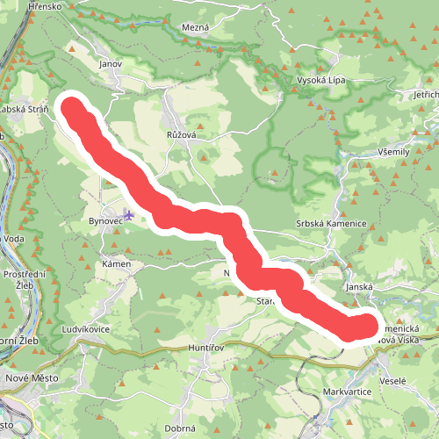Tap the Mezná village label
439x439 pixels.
195,28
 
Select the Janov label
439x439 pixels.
110,64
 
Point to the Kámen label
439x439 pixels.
116,263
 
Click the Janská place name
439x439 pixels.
360,286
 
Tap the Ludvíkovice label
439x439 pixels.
86,329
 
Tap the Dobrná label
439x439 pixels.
180,429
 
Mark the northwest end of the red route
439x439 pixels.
70,108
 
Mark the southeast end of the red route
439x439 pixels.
362,327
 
